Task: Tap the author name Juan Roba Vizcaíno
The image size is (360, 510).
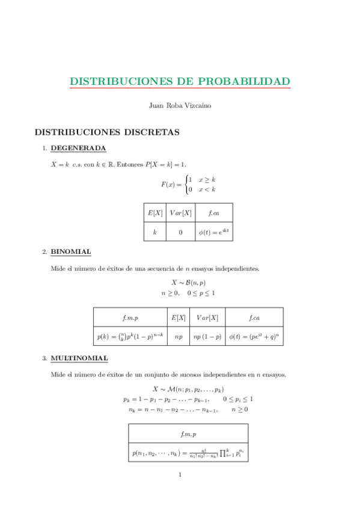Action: tap(180, 105)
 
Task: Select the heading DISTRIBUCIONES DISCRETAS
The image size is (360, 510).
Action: tap(107, 131)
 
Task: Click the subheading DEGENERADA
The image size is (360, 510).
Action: tap(78, 148)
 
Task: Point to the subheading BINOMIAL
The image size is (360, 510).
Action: tap(71, 251)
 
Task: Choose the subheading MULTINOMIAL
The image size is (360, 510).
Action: tap(79, 358)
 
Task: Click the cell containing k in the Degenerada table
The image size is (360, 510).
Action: tap(154, 232)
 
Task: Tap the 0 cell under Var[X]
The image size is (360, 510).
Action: tap(180, 232)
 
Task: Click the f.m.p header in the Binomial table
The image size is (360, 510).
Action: tap(130, 318)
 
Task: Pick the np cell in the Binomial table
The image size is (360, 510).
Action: tap(178, 337)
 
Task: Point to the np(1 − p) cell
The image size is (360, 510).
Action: tap(206, 337)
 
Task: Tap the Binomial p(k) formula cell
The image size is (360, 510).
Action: tap(130, 337)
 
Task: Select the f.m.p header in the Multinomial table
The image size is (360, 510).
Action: tap(188, 433)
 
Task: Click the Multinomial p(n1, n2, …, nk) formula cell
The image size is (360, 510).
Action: tap(188, 452)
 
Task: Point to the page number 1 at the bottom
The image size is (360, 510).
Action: tap(180, 475)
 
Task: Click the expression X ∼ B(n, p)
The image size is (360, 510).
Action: tap(188, 281)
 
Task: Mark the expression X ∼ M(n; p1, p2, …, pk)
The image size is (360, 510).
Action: tap(188, 389)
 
